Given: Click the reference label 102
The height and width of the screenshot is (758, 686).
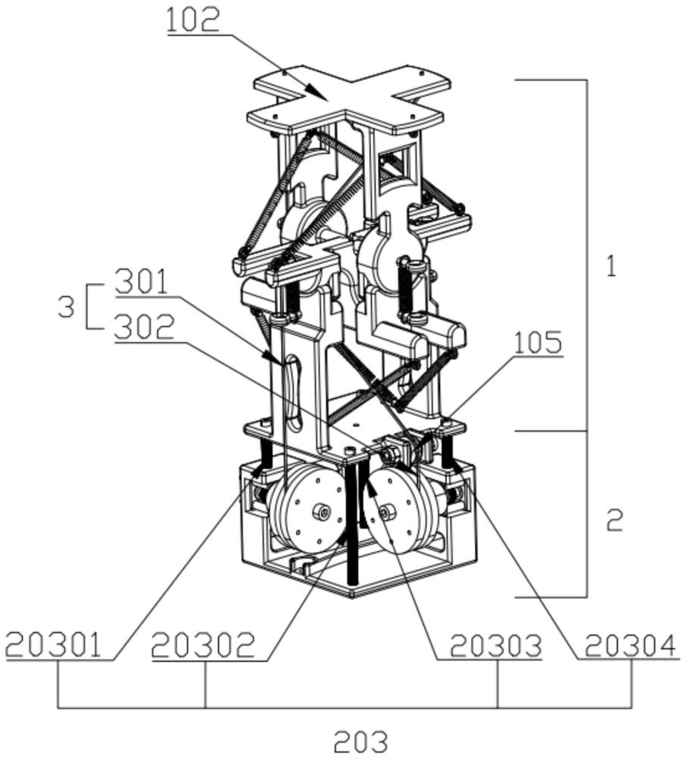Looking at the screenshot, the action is (193, 20).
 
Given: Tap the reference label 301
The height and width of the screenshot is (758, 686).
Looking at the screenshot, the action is (141, 282).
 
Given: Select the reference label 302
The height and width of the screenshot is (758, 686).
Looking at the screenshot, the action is (144, 327).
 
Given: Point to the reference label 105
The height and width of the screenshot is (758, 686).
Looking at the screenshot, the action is (538, 343).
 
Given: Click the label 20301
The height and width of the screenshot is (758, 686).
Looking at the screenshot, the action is (54, 645).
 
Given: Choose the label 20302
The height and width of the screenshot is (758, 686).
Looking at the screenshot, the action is (203, 645).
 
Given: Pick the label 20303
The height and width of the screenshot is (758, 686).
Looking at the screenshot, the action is (496, 645).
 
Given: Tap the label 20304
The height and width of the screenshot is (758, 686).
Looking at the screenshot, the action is (630, 645).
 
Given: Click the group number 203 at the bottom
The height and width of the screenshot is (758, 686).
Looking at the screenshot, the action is (360, 741).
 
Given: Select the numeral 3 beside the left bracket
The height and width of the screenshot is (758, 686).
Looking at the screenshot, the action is (66, 306).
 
